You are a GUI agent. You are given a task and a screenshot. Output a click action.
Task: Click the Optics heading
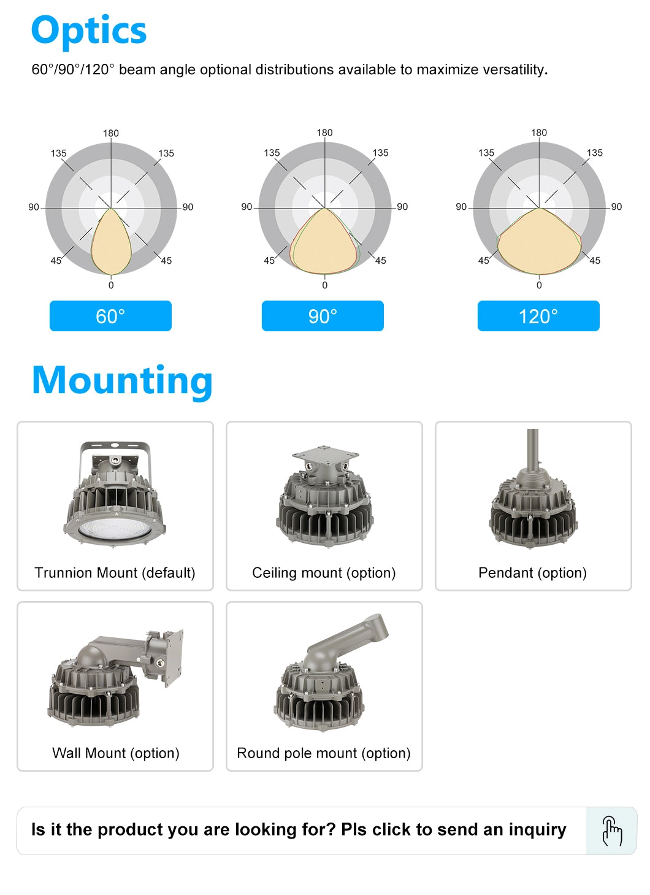(x=89, y=31)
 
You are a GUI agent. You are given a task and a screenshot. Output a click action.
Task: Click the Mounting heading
(x=122, y=381)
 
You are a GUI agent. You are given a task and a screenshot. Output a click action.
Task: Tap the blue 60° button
(x=110, y=316)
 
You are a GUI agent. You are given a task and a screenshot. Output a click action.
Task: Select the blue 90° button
(x=323, y=316)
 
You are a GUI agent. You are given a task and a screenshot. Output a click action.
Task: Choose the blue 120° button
(x=538, y=316)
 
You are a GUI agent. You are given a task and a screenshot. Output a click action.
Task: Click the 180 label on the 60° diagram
(x=111, y=133)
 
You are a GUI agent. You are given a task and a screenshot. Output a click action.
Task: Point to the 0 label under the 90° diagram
(x=325, y=285)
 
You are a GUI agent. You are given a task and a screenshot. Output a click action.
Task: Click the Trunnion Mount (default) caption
(x=115, y=573)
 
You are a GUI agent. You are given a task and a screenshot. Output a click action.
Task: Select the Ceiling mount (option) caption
(x=324, y=573)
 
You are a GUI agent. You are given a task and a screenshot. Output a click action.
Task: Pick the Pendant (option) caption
(x=532, y=573)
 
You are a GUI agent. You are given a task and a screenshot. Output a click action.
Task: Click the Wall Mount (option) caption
(x=115, y=753)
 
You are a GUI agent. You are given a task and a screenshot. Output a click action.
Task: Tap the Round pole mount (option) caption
(x=324, y=753)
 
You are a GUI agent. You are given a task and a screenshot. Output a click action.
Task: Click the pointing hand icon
(x=611, y=831)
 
